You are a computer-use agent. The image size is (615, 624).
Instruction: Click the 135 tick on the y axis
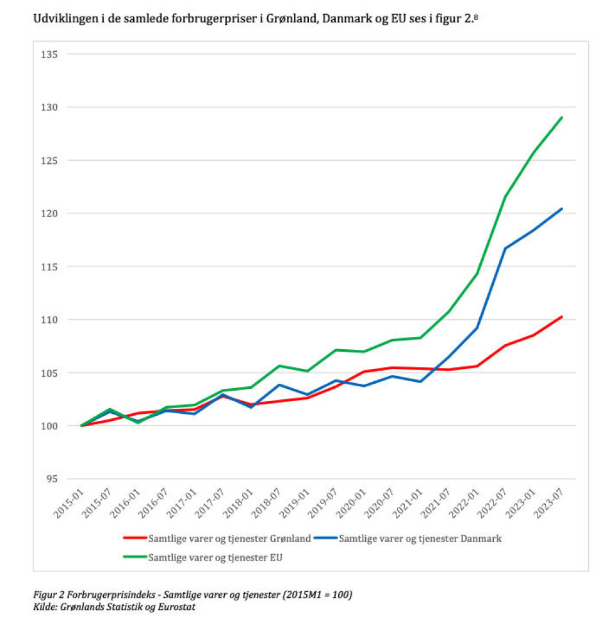point(50,54)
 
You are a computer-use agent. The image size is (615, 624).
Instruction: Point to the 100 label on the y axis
point(50,426)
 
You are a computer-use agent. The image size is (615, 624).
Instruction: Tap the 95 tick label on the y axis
point(52,479)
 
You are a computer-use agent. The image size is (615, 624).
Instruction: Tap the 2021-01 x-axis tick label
point(408,502)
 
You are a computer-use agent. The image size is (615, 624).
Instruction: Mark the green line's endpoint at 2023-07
point(562,117)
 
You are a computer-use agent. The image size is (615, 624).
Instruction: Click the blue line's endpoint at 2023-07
point(562,208)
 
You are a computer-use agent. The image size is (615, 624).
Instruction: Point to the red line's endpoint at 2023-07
point(562,316)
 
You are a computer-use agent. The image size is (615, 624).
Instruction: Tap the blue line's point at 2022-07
point(505,248)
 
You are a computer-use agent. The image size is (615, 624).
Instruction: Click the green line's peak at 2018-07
point(279,366)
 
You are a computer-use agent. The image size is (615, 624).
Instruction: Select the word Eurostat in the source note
point(174,606)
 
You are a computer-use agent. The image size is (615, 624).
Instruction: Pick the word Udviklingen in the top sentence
point(62,21)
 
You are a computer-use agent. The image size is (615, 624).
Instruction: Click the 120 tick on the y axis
point(50,213)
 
